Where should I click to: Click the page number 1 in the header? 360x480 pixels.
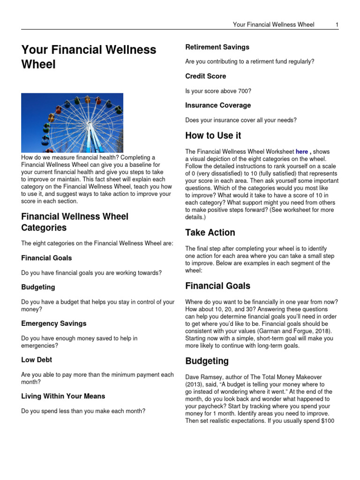point(337,24)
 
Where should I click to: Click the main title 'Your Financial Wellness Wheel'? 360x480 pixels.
point(89,57)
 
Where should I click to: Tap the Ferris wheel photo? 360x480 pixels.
point(72,123)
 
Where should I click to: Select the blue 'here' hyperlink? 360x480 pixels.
point(301,151)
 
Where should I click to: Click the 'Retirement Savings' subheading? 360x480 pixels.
point(217,47)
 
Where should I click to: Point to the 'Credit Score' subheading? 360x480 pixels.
point(205,76)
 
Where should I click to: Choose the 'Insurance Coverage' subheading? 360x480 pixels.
point(217,105)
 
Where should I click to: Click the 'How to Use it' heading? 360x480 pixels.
point(213,135)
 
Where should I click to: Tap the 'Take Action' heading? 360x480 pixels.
point(210,232)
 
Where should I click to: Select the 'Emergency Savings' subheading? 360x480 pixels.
point(53,323)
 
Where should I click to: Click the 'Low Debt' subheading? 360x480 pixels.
point(37,360)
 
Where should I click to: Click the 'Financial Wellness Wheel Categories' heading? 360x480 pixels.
point(75,222)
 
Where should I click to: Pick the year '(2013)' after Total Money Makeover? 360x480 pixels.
point(196,384)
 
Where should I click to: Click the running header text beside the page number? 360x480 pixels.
point(273,24)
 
